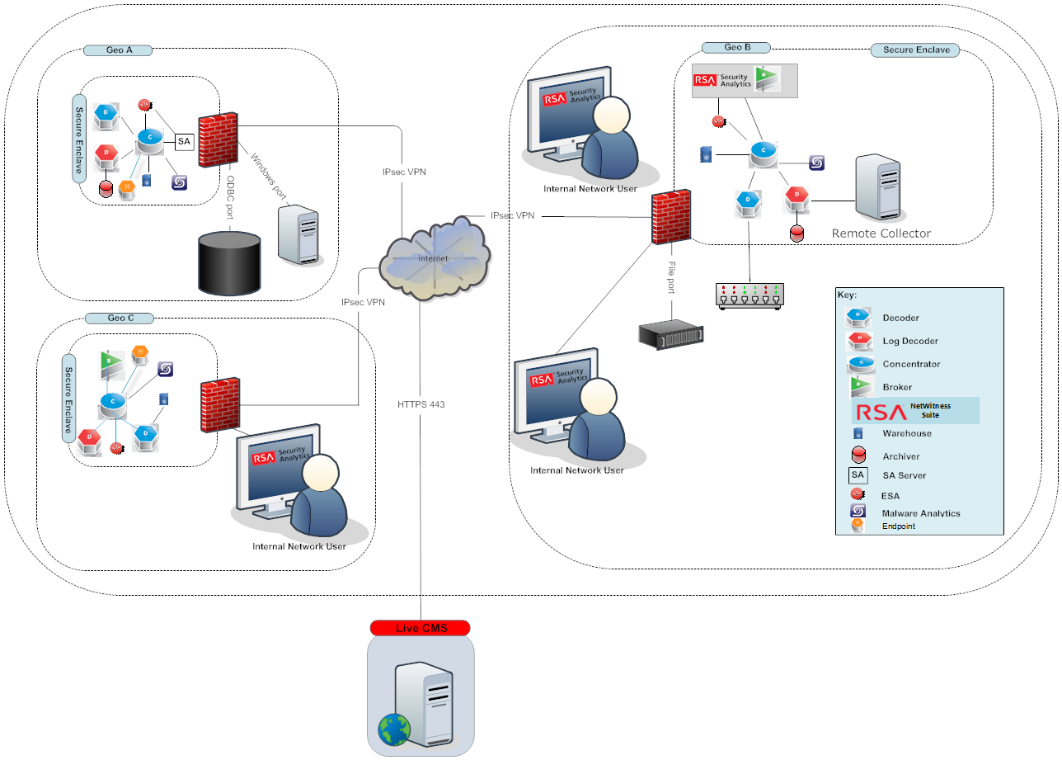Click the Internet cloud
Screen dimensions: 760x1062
(433, 256)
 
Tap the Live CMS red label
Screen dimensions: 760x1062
(421, 628)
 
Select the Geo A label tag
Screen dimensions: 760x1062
(119, 50)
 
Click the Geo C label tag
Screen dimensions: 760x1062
(120, 319)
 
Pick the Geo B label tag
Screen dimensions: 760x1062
(736, 48)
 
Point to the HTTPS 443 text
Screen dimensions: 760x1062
(421, 404)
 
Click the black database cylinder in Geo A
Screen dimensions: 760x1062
(230, 263)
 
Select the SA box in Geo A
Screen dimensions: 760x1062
(184, 142)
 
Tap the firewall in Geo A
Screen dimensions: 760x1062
(219, 142)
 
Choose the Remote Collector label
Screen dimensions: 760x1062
(881, 234)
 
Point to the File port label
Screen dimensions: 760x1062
(671, 276)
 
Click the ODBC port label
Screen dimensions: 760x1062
(232, 197)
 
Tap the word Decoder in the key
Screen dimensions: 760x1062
(900, 318)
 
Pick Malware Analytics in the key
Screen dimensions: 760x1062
(921, 513)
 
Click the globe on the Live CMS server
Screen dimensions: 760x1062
(394, 730)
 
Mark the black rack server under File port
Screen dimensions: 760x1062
(671, 333)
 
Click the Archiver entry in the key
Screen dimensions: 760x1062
(900, 456)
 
